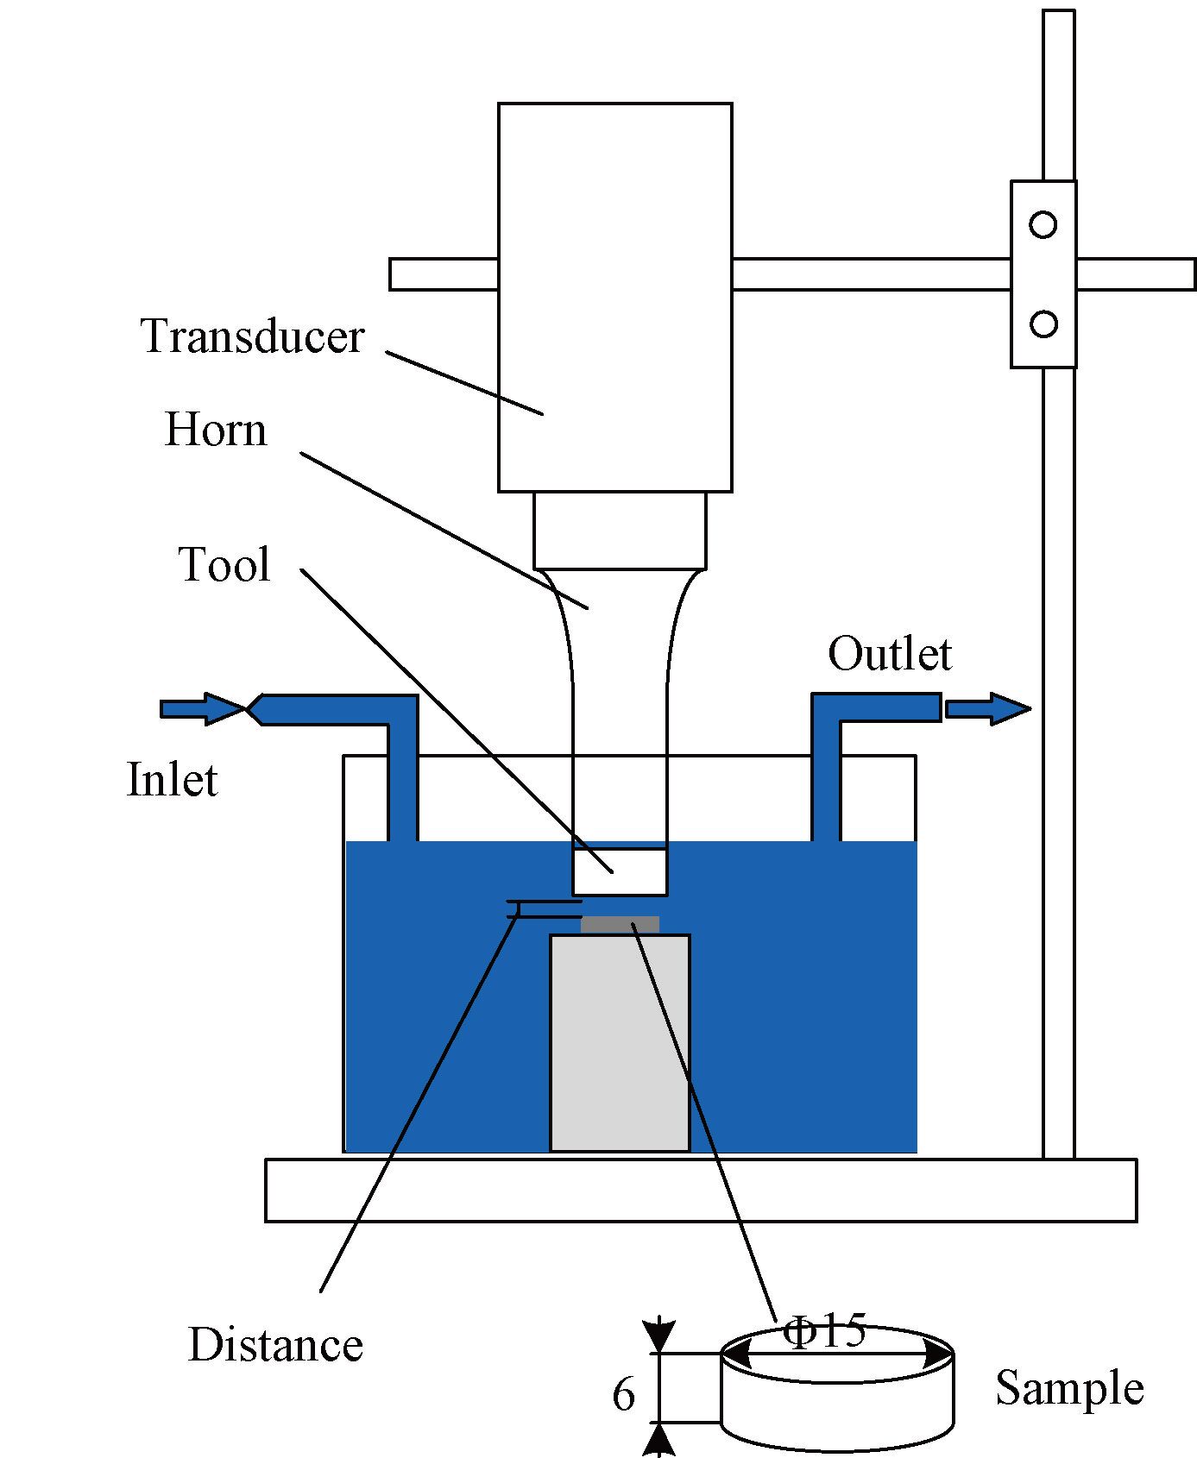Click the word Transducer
[x=252, y=337]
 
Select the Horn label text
[x=216, y=430]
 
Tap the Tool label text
[x=224, y=566]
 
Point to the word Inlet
[x=172, y=780]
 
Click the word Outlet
[x=889, y=655]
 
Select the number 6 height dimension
[x=623, y=1395]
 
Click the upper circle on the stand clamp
[x=1043, y=225]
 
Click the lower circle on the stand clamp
[x=1043, y=324]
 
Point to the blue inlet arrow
[x=202, y=709]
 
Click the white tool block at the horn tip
[x=620, y=871]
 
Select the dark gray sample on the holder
[x=620, y=925]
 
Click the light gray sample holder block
[x=620, y=1044]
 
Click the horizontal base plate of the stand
[x=700, y=1191]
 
